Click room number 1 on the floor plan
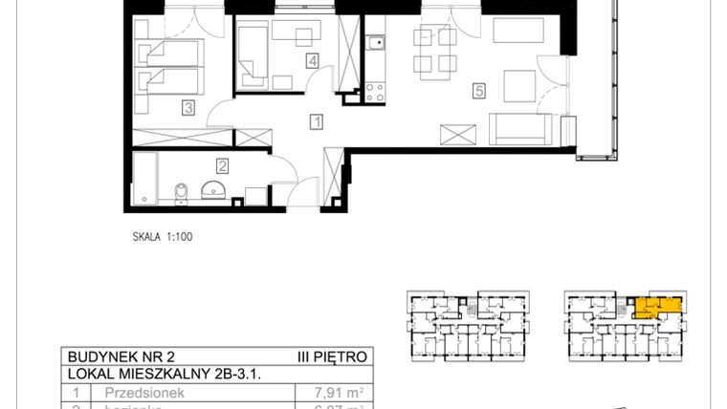coord(317,121)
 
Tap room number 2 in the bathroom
coord(221,164)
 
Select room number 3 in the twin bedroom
coord(189,109)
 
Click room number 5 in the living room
coord(479,92)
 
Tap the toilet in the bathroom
coord(181,193)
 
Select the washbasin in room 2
coord(215,187)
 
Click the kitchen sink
coord(376,42)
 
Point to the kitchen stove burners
coord(375,93)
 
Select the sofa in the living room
coord(520,128)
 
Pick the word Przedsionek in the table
coord(128,392)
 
